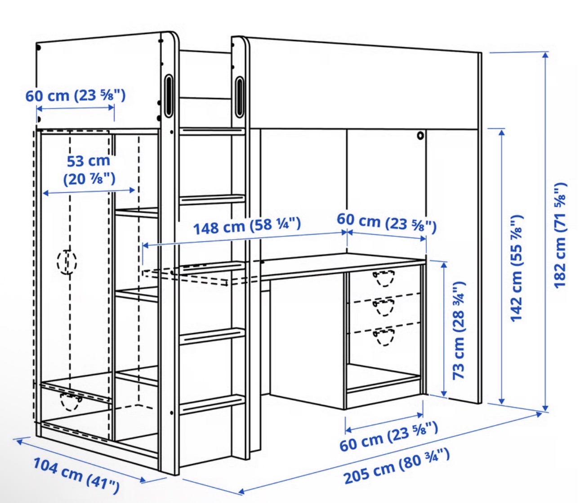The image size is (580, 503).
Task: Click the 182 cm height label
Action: [560, 235]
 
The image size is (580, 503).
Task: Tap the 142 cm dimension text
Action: [516, 268]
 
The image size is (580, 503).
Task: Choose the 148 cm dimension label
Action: [247, 226]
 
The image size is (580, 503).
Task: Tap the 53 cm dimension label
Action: [89, 170]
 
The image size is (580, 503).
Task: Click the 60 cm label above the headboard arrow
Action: [76, 96]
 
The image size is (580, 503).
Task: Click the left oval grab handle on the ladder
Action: [169, 95]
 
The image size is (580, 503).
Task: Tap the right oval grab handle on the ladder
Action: [239, 97]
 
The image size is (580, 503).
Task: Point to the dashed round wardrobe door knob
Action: [67, 262]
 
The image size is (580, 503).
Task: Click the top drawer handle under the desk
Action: [384, 278]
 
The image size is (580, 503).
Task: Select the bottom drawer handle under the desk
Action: [384, 337]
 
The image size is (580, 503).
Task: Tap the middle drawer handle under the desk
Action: [384, 307]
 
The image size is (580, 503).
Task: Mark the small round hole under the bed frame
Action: [420, 136]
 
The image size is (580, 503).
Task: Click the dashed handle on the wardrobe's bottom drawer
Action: [70, 402]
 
